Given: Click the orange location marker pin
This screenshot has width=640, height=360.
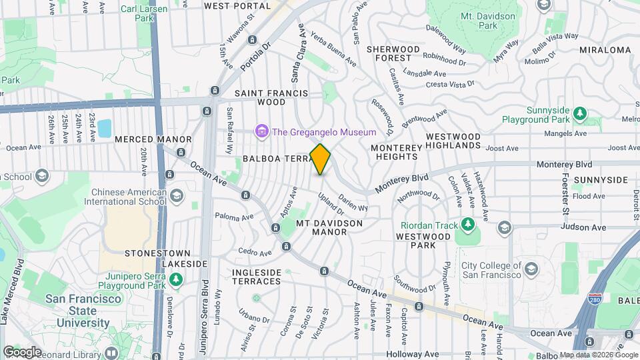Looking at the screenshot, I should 321,159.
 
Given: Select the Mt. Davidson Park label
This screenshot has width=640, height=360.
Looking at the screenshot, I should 489,20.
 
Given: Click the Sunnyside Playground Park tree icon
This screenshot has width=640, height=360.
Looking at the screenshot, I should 580,112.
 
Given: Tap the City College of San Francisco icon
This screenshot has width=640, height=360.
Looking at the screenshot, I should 531,269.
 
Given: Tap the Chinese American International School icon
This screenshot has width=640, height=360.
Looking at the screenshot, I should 176,196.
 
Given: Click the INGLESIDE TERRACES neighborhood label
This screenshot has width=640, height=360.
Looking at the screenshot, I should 257,277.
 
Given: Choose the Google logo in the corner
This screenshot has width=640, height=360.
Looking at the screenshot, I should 22,351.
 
